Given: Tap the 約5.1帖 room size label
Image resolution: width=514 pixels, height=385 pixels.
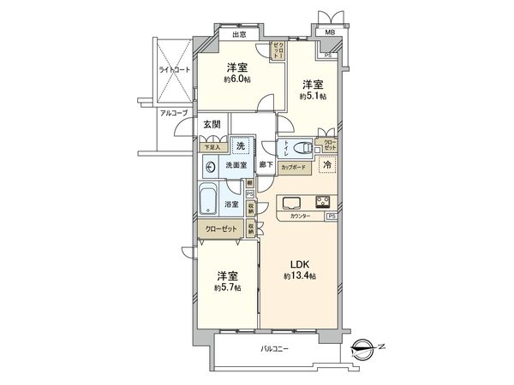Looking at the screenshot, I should point(313,96).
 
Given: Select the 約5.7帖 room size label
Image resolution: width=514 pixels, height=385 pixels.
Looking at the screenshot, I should point(228,288).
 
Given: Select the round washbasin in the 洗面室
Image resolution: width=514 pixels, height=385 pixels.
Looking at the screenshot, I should point(210,164).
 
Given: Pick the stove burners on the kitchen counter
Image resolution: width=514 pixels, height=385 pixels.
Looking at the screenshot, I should point(324,203).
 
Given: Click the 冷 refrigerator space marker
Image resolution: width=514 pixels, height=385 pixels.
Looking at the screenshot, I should point(326,165).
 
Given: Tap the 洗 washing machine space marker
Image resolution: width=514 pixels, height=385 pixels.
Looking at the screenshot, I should point(242,146).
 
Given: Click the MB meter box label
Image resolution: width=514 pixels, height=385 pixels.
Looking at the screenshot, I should point(328,33).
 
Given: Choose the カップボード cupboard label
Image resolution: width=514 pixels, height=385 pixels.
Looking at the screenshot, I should point(296,168).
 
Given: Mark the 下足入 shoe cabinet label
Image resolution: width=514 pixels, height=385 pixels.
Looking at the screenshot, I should point(210,146).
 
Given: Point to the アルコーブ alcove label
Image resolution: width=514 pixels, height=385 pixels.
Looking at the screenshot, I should point(172,112).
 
